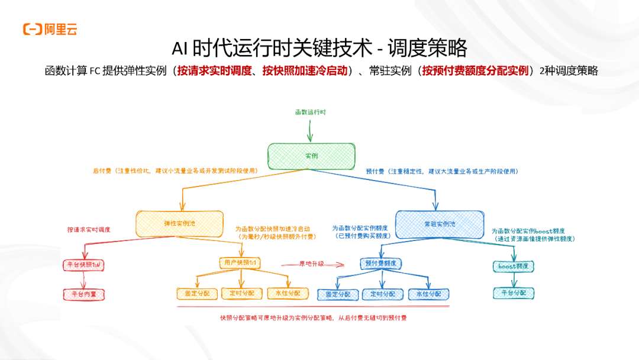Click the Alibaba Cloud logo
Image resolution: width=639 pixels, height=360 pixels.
pos(50,29)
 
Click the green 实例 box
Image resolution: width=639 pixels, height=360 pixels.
pos(311,155)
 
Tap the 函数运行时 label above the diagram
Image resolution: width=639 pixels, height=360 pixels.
pos(311,112)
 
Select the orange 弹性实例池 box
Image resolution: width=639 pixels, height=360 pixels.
pos(179,223)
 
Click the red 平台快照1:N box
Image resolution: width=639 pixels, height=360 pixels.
pos(83,265)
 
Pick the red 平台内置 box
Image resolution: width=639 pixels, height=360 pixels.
pos(83,293)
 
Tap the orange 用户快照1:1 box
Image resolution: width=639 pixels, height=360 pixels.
pos(240,262)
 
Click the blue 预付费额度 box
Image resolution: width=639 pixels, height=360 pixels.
pos(380,263)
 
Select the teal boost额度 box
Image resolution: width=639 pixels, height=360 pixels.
pos(513,266)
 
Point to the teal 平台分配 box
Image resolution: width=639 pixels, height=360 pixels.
pos(514,292)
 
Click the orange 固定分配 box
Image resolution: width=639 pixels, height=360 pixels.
pos(197,293)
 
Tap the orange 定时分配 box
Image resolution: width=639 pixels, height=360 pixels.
pos(241,293)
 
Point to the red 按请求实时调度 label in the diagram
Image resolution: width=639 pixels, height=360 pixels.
pos(89,229)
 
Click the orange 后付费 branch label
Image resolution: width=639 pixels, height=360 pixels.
pos(175,171)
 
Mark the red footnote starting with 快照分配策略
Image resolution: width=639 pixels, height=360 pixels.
pos(313,318)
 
